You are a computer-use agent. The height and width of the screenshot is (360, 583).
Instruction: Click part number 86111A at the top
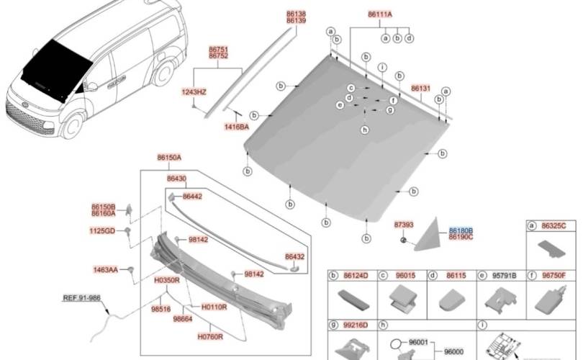380,14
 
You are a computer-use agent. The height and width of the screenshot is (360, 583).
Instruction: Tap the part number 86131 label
421,89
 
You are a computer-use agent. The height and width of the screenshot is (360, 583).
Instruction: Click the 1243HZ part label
194,92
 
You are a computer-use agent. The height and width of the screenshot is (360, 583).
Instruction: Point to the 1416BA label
235,126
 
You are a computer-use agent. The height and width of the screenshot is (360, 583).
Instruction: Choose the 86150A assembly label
169,157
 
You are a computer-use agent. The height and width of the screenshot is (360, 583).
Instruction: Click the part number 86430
176,179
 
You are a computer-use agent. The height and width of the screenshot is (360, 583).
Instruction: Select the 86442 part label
192,196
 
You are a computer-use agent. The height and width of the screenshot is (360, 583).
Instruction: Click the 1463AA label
105,270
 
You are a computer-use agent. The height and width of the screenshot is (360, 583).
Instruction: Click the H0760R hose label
210,336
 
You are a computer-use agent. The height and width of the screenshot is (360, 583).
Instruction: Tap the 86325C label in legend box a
553,225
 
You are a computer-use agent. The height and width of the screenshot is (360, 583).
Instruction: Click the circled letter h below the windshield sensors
365,130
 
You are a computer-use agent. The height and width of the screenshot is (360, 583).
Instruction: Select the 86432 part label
294,256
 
